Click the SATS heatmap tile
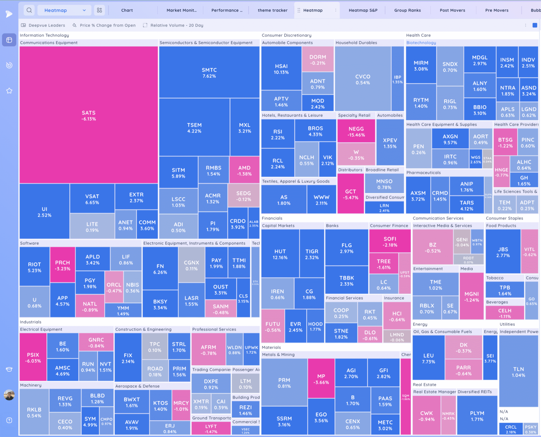coord(89,115)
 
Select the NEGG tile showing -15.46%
coord(356,131)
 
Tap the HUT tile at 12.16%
coord(280,254)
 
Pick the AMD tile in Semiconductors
coord(244,170)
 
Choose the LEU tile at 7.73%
coord(428,358)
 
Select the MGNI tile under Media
coord(471,296)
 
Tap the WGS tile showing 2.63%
coord(475,159)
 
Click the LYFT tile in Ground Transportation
coord(211,428)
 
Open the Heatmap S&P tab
coord(363,10)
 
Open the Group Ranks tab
coord(407,10)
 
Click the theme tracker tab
coord(272,10)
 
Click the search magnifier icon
coord(29,10)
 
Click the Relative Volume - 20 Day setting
coord(176,25)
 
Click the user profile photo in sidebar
coord(9,395)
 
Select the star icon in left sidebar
coord(9,91)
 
